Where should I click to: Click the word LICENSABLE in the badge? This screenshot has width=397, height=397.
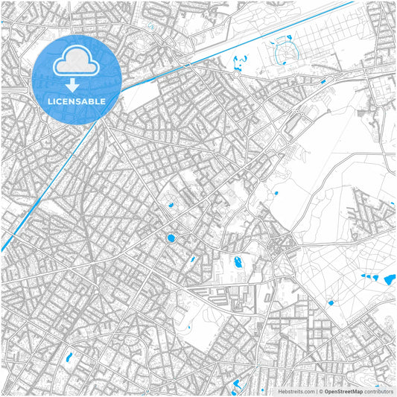(76, 101)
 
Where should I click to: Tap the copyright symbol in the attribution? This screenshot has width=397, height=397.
(320, 390)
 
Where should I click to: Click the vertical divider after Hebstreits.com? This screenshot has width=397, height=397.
(316, 390)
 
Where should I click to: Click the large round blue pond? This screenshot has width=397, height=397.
(171, 238)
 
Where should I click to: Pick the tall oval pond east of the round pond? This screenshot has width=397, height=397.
(238, 261)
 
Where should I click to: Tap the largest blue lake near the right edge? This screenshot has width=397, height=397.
(390, 280)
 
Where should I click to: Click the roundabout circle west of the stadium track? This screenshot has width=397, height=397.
(237, 74)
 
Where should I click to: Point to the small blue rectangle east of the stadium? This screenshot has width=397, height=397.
(323, 81)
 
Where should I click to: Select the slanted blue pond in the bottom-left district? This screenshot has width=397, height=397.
(69, 358)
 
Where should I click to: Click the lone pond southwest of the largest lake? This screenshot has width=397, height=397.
(331, 302)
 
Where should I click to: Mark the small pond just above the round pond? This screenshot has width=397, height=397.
(171, 205)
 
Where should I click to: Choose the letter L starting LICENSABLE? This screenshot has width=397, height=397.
(48, 101)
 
